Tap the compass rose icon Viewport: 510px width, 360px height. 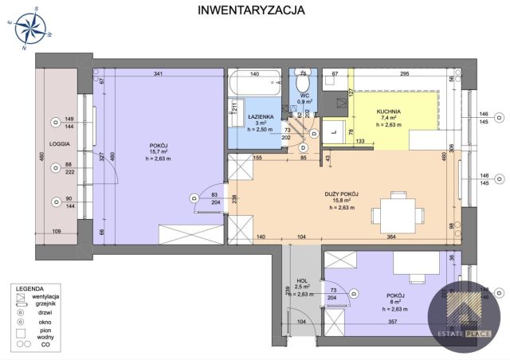(31, 29)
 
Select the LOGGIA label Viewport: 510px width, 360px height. (60, 145)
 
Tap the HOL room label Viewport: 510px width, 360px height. (302, 280)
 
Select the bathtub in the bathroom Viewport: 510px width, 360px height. (254, 84)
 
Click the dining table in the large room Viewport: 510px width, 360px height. (397, 213)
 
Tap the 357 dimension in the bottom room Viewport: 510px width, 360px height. (393, 323)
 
